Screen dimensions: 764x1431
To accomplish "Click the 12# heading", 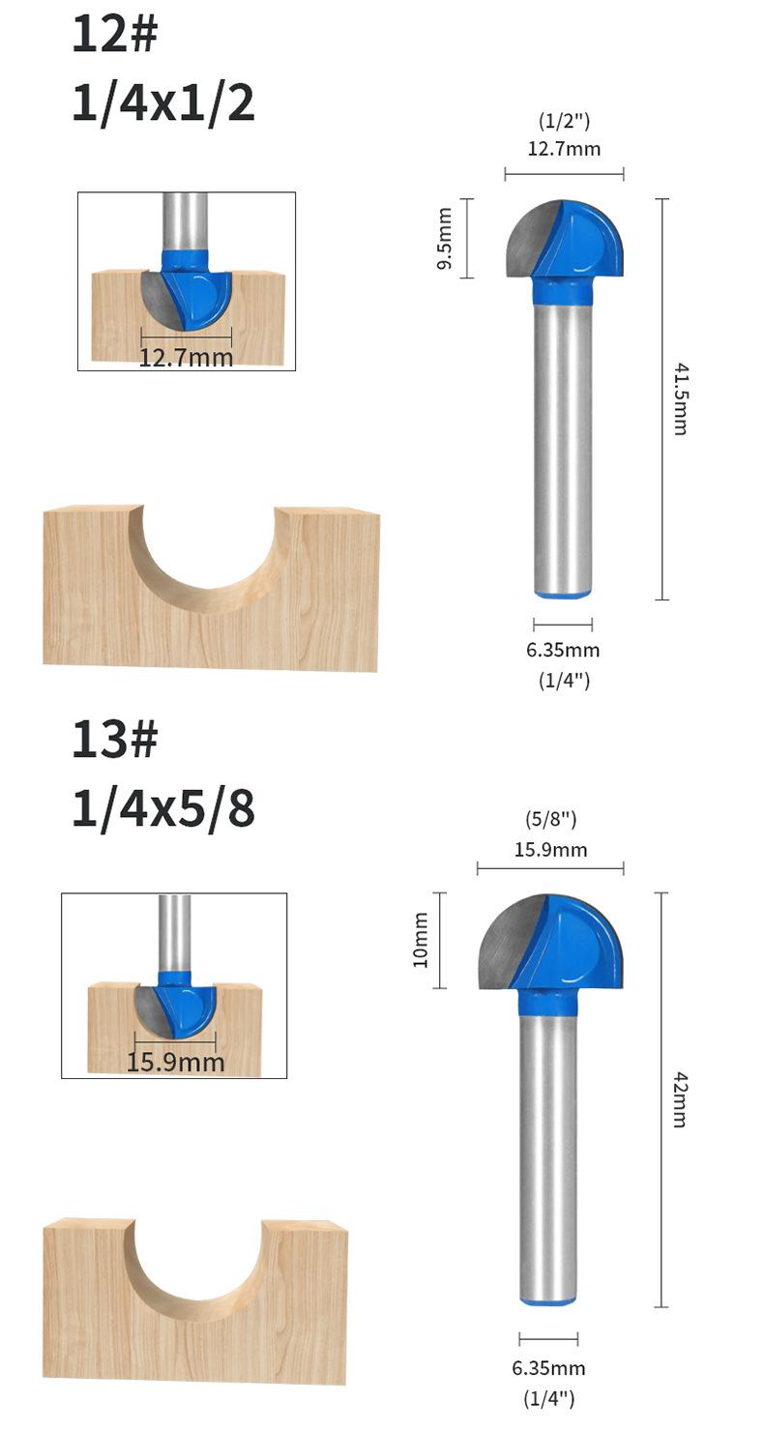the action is (x=114, y=35).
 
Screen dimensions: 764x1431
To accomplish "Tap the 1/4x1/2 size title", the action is (x=163, y=103).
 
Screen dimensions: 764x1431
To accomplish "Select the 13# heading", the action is (x=114, y=739).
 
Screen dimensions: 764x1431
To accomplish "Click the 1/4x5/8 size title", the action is (x=163, y=808).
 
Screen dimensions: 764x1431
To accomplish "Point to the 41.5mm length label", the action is (x=681, y=399).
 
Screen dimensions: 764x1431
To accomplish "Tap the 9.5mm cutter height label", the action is (x=445, y=238).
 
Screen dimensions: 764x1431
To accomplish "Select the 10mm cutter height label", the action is (x=420, y=940).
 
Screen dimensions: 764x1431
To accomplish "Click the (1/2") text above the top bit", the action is (x=564, y=120).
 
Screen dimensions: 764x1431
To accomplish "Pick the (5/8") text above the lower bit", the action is (x=550, y=819).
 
